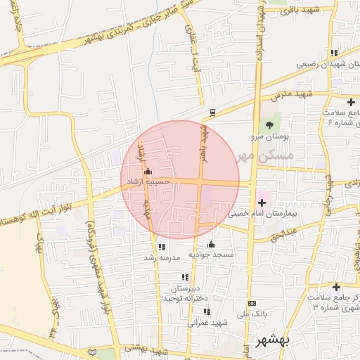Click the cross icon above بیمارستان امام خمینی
(262, 202)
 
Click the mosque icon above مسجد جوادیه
(211, 244)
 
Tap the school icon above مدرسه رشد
(162, 247)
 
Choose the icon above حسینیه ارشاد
(147, 171)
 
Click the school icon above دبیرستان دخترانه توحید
(185, 277)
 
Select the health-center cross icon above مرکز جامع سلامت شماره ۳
(335, 287)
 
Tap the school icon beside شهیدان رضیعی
(335, 53)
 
